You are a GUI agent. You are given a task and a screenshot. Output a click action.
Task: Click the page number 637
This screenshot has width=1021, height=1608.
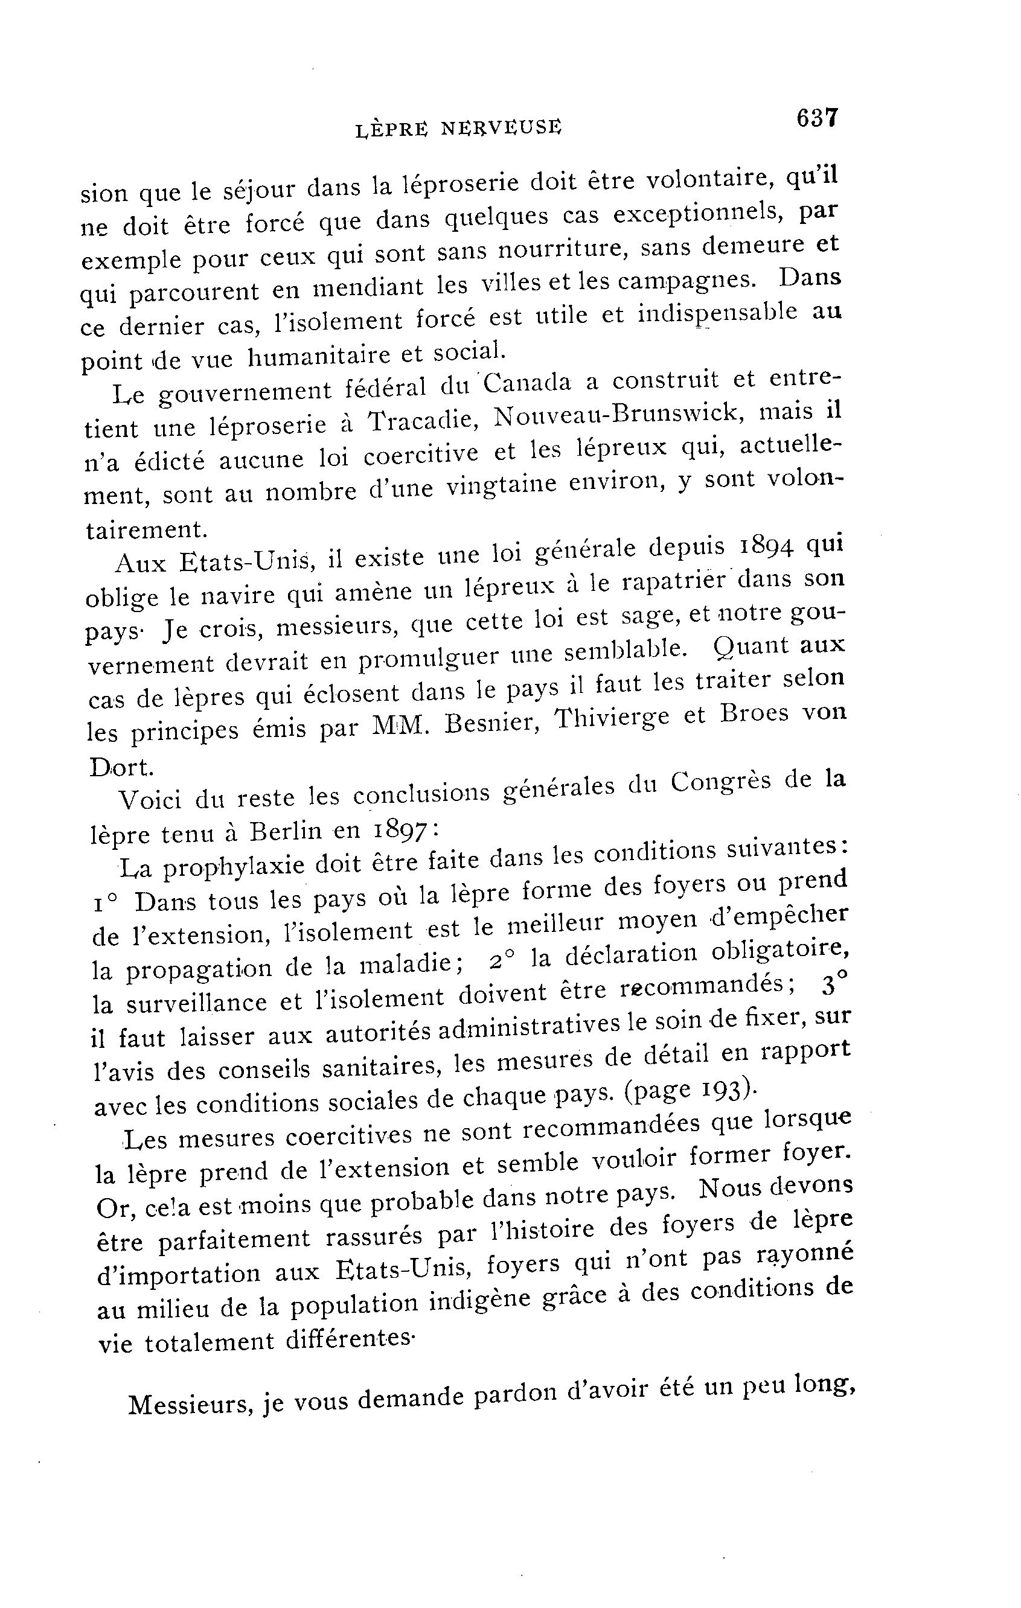pos(816,118)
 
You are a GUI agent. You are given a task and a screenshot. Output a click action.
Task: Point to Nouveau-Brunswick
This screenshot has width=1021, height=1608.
pos(618,415)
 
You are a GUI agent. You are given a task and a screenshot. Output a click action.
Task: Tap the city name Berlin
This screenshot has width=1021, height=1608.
pos(286,831)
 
